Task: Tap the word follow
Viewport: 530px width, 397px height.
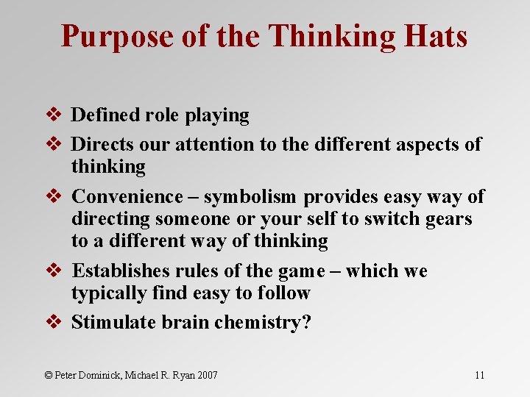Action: [283, 293]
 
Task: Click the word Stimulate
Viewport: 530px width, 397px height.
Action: [110, 322]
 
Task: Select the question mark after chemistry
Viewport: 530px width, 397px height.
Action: [306, 322]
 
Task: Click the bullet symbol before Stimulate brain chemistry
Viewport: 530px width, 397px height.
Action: [52, 322]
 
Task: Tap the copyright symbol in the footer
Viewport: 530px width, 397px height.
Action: [49, 375]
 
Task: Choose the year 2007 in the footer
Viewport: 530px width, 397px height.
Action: [206, 375]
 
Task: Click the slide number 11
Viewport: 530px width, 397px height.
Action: [479, 375]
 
